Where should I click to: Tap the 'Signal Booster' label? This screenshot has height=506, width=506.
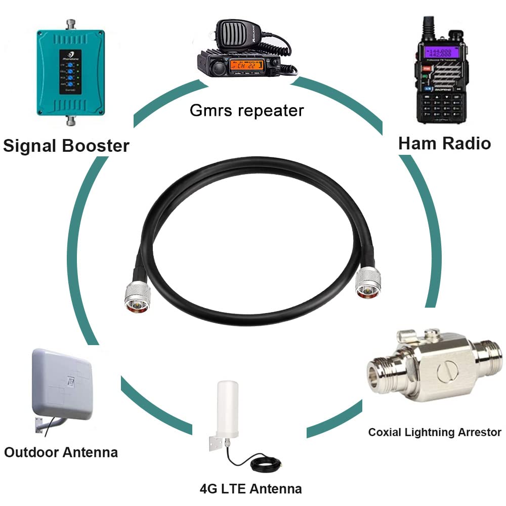click(x=66, y=146)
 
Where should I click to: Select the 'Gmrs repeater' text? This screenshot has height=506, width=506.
click(x=247, y=110)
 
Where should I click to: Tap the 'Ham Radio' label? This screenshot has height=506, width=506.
click(x=444, y=143)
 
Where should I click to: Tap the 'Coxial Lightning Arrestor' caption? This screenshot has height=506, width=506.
click(x=434, y=432)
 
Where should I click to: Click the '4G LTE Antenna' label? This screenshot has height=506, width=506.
click(x=250, y=489)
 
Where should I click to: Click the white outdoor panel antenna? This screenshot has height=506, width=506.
click(x=63, y=382)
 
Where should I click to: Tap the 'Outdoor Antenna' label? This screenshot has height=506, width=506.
click(x=61, y=452)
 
